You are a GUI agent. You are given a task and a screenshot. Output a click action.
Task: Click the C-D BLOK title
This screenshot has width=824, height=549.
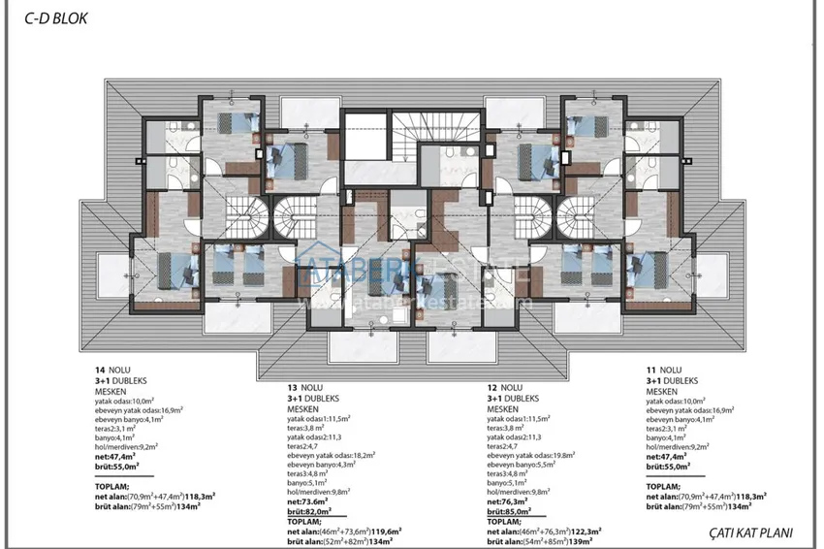(48, 17)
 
